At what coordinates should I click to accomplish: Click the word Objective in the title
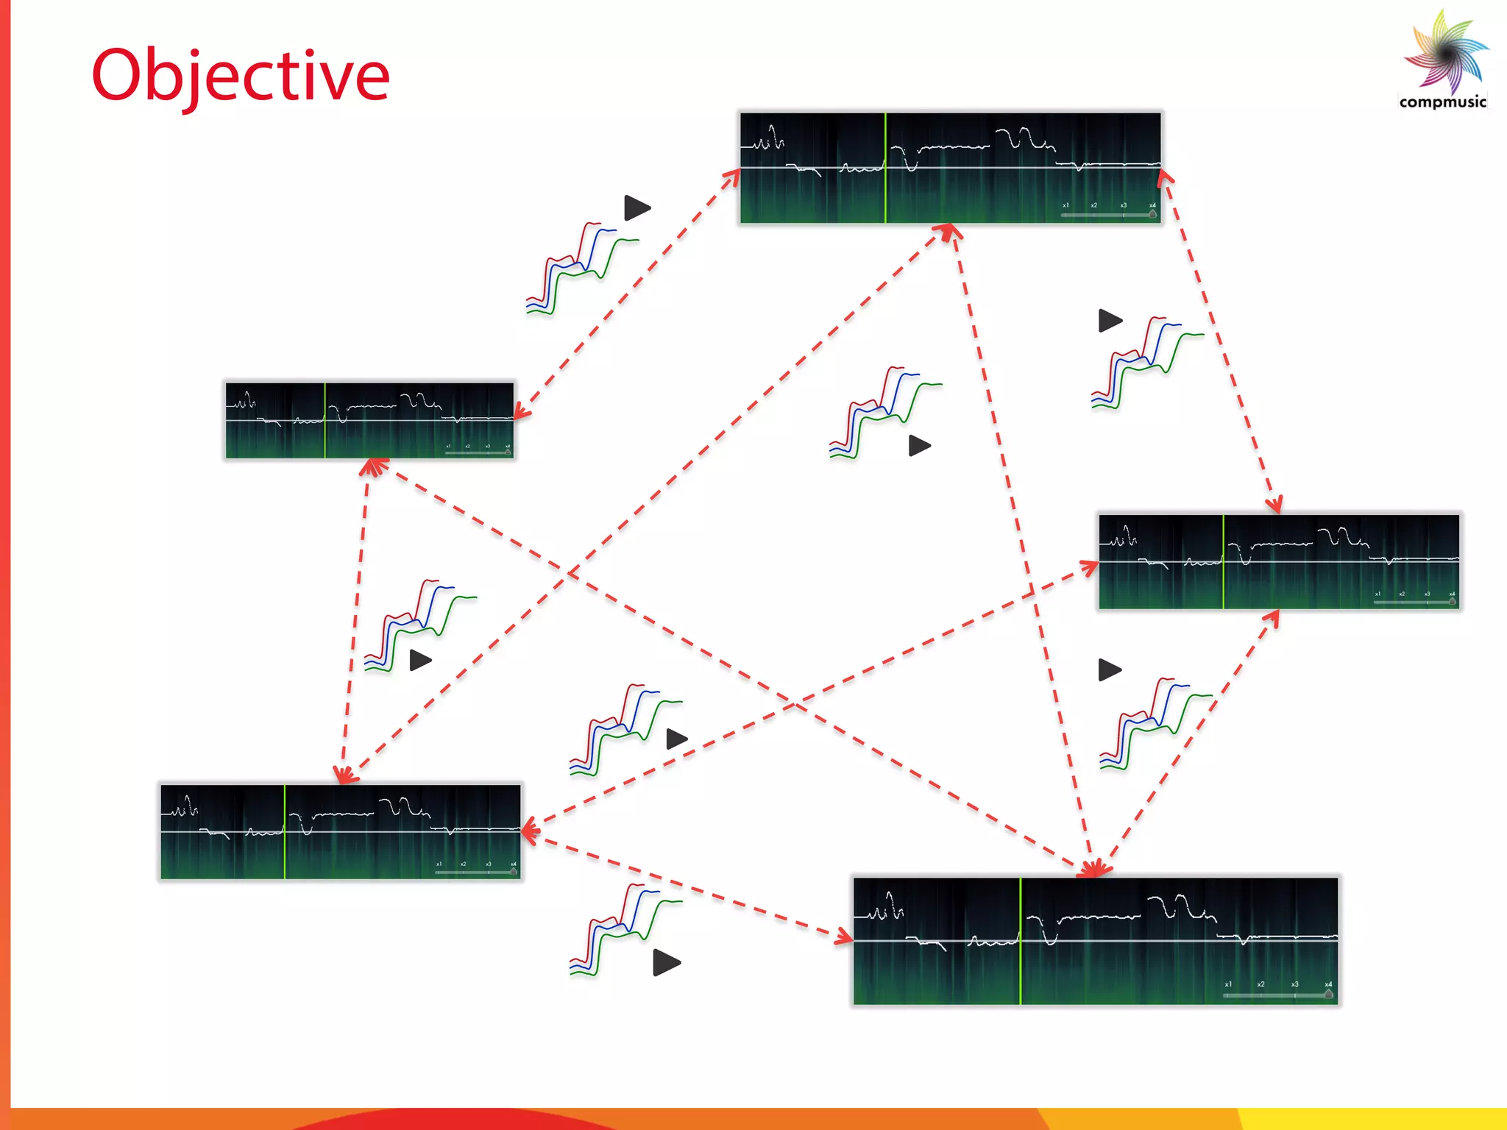[x=240, y=76]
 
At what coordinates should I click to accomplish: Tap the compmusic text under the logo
[x=1442, y=102]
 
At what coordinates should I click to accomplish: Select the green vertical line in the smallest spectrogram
[x=325, y=420]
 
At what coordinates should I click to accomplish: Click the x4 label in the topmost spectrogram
[x=1152, y=205]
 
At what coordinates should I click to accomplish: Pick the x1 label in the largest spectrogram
[x=1228, y=984]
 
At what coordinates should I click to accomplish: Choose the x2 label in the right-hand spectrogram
[x=1402, y=594]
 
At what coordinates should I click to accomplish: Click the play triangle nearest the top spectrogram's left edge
[x=637, y=207]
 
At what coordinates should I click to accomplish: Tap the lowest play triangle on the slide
[x=666, y=962]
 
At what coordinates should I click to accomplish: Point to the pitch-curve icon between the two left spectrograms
[x=419, y=625]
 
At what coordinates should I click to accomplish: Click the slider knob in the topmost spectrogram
[x=1152, y=215]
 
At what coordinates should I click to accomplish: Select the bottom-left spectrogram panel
[x=341, y=831]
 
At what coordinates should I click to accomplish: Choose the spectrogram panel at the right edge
[x=1279, y=561]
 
